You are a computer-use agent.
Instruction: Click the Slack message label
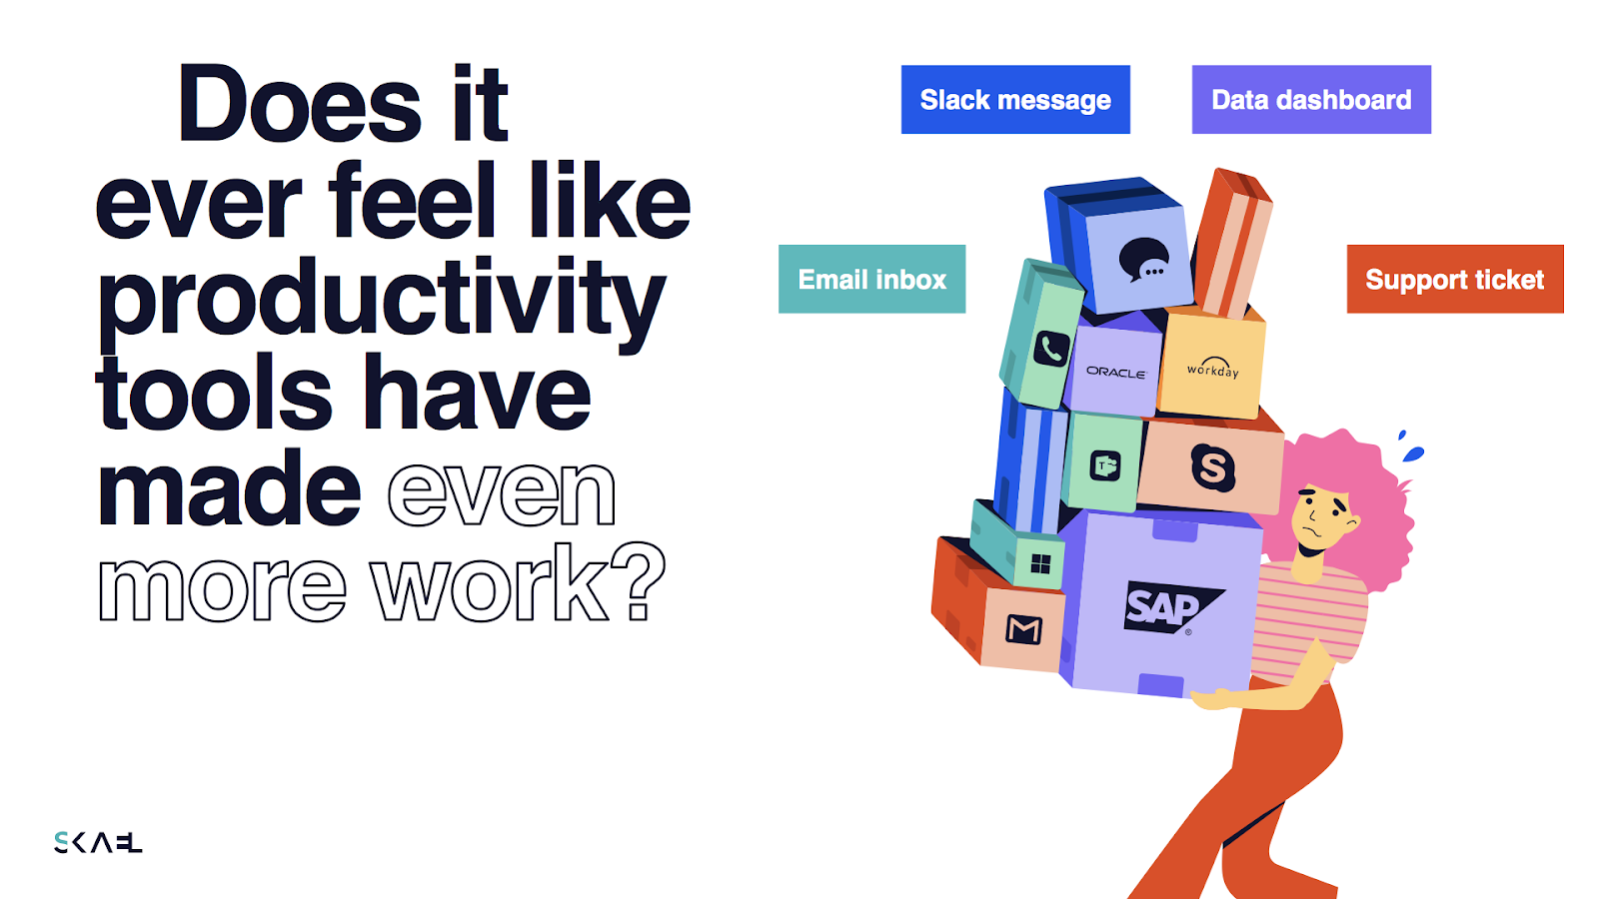[x=1015, y=99]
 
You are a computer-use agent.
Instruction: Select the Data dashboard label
[x=1311, y=99]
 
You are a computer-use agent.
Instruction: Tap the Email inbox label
[x=871, y=279]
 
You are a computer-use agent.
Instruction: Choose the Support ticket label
[x=1455, y=279]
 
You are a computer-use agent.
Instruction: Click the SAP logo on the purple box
[x=1170, y=607]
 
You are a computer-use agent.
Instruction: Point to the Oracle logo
[x=1115, y=372]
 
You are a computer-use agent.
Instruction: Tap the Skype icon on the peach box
[x=1213, y=467]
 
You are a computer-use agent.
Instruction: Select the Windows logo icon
[x=1041, y=564]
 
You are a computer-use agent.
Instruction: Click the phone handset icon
[x=1051, y=349]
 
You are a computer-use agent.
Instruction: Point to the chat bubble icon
[x=1143, y=260]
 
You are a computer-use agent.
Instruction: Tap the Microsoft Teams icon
[x=1105, y=466]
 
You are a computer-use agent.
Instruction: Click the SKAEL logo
[x=98, y=843]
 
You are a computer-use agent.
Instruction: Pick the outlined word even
[x=501, y=491]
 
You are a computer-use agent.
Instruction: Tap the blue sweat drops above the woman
[x=1410, y=447]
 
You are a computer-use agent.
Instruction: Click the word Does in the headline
[x=299, y=105]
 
